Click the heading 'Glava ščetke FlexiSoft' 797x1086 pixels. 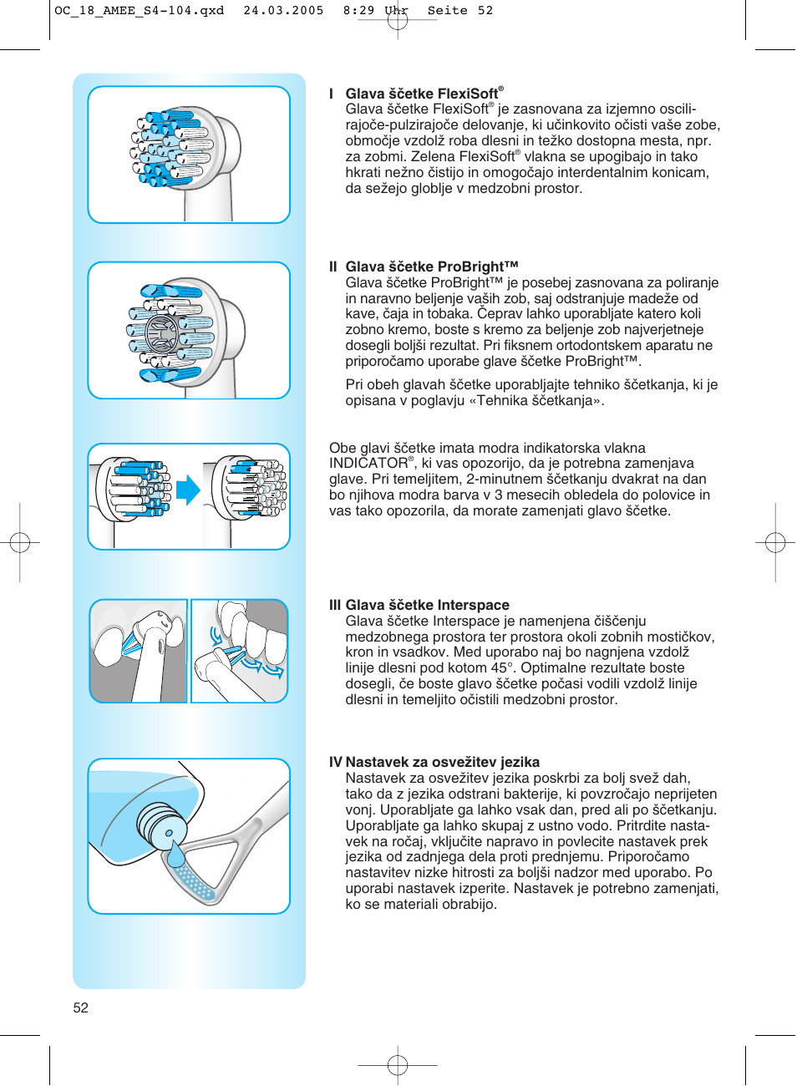422,94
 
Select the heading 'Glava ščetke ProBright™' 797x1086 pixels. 432,266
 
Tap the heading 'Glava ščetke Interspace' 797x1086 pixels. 427,605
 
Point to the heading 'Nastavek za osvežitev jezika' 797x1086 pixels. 442,762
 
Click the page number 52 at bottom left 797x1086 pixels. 80,1007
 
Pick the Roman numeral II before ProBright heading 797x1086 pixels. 333,266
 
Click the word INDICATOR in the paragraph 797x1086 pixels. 368,463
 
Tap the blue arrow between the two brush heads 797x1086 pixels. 188,490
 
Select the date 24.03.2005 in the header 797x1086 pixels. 283,11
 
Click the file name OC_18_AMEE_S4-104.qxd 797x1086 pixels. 139,11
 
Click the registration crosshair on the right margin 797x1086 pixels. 775,543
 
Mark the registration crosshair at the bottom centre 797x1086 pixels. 398,1064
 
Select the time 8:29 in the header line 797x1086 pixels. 358,11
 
